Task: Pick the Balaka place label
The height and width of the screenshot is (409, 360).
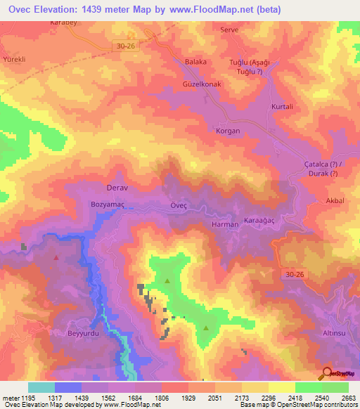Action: [195, 62]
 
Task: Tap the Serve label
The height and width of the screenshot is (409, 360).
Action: [230, 30]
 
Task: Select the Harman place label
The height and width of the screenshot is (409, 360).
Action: [225, 225]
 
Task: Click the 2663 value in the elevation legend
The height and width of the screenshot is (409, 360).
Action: [349, 398]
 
